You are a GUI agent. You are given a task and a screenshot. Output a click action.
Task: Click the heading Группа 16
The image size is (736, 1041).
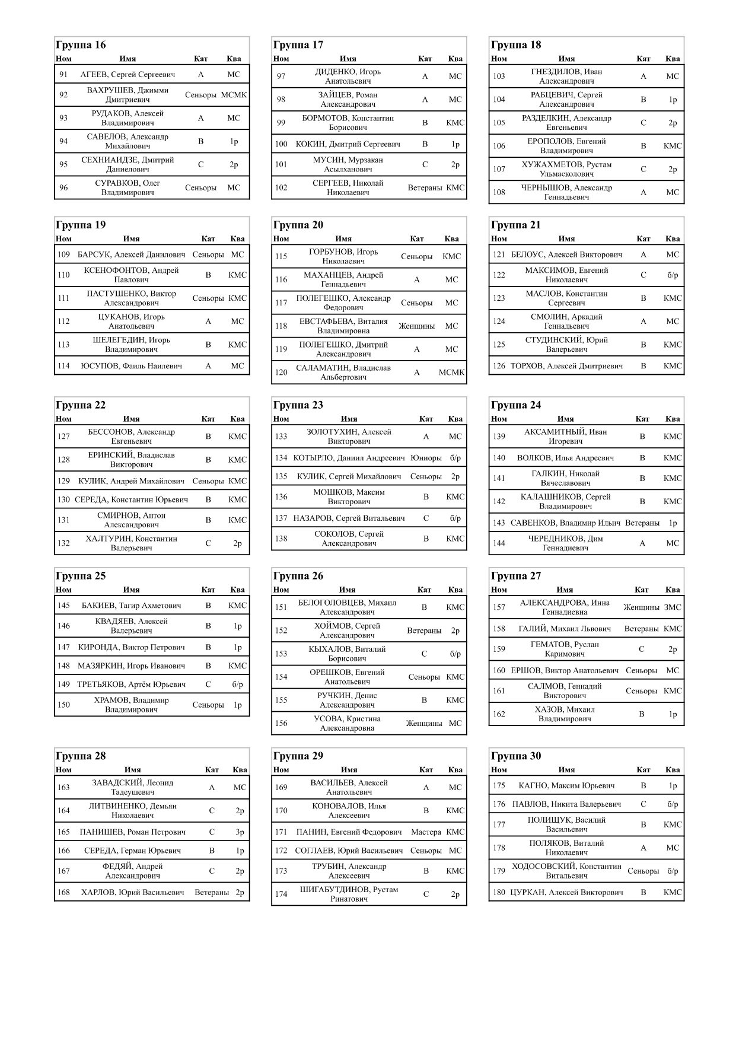tap(81, 45)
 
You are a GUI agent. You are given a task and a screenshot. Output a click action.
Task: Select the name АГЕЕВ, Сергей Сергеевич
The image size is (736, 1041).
tap(128, 75)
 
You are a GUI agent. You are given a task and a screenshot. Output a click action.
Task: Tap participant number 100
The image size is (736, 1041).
tap(281, 144)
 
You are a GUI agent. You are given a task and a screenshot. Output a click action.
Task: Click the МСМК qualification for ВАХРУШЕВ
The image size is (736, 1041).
tap(234, 95)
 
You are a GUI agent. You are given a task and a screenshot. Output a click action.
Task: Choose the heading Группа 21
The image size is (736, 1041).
tap(516, 225)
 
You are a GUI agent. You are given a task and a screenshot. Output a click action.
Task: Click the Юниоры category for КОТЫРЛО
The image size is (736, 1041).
tap(426, 458)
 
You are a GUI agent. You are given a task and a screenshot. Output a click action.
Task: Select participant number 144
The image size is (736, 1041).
tap(499, 543)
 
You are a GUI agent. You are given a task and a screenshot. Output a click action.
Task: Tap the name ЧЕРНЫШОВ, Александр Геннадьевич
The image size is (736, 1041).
tap(566, 192)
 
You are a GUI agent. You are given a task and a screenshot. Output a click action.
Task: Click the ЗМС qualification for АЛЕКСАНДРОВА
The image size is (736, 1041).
tap(673, 607)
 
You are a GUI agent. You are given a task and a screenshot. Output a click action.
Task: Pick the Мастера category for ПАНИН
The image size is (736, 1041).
tap(426, 832)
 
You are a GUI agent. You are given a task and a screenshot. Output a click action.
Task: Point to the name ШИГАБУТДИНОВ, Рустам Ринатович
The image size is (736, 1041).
tap(349, 894)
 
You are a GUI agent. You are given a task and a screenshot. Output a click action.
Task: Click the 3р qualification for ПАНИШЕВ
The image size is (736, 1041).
tap(240, 832)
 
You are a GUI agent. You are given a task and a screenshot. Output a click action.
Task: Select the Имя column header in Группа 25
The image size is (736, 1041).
tap(132, 590)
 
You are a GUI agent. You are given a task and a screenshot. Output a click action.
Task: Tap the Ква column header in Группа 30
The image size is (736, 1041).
tap(673, 770)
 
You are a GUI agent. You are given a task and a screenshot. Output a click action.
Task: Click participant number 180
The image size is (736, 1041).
tap(499, 892)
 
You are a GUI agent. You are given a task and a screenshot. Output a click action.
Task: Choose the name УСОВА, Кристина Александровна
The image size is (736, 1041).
tap(347, 723)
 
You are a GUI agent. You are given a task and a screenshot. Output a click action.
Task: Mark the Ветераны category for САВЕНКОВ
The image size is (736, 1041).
tap(642, 523)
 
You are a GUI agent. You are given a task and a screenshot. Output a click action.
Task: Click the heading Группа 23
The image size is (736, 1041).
tap(298, 406)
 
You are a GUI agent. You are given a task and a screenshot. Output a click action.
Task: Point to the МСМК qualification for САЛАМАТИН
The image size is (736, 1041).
tap(451, 373)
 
